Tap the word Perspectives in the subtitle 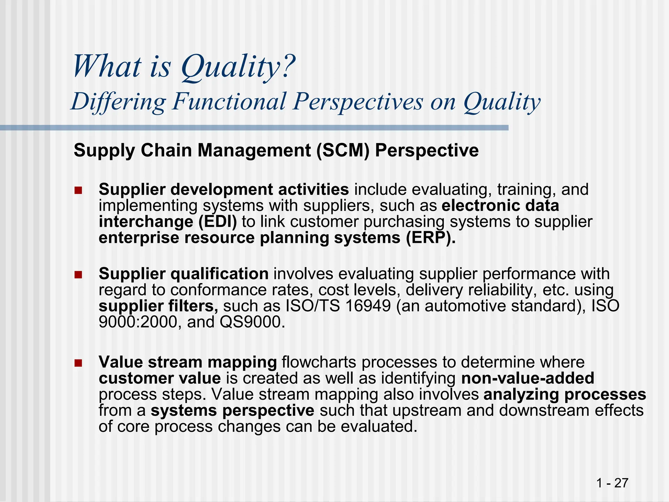coord(358,101)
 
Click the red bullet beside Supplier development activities coord(78,190)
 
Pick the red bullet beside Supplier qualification coord(78,275)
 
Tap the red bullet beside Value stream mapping coord(78,363)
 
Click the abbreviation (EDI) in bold coord(218,222)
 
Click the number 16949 coord(368,306)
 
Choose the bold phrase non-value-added coord(528,378)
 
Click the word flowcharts coord(319,362)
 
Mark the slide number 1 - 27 coord(612,483)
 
